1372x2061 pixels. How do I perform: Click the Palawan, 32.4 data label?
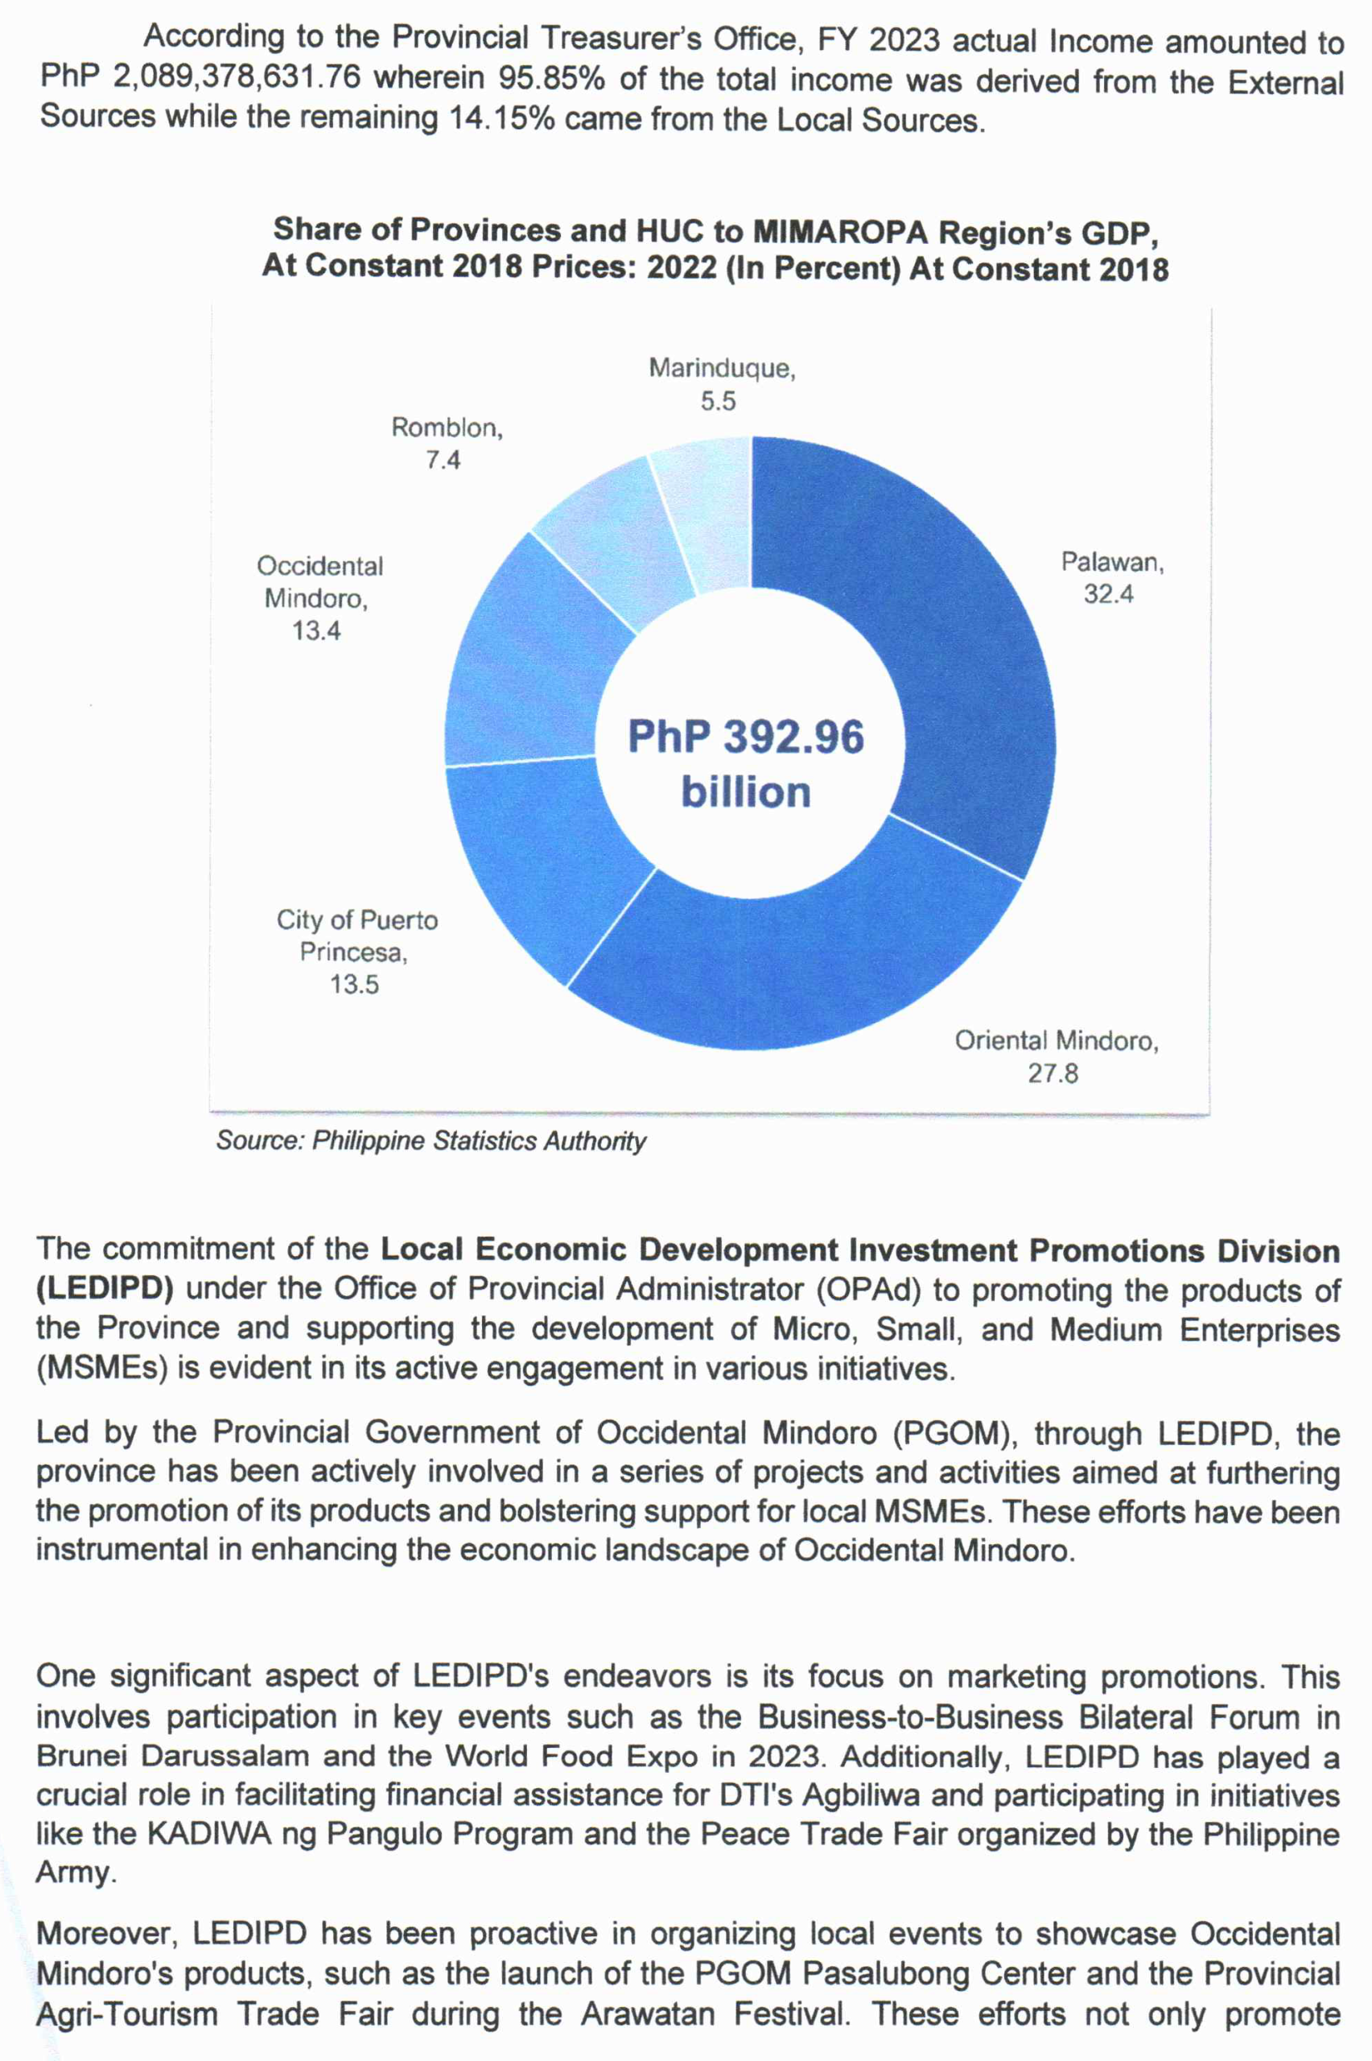pyautogui.click(x=1111, y=577)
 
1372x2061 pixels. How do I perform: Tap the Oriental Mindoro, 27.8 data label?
pyautogui.click(x=1056, y=1056)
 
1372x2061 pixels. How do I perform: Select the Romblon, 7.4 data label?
pyautogui.click(x=447, y=444)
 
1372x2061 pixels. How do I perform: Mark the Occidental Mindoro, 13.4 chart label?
pyautogui.click(x=319, y=599)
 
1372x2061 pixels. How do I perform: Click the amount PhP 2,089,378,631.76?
pyautogui.click(x=200, y=77)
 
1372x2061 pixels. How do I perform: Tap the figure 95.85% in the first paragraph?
pyautogui.click(x=551, y=78)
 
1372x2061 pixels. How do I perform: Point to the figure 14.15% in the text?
pyautogui.click(x=502, y=118)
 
